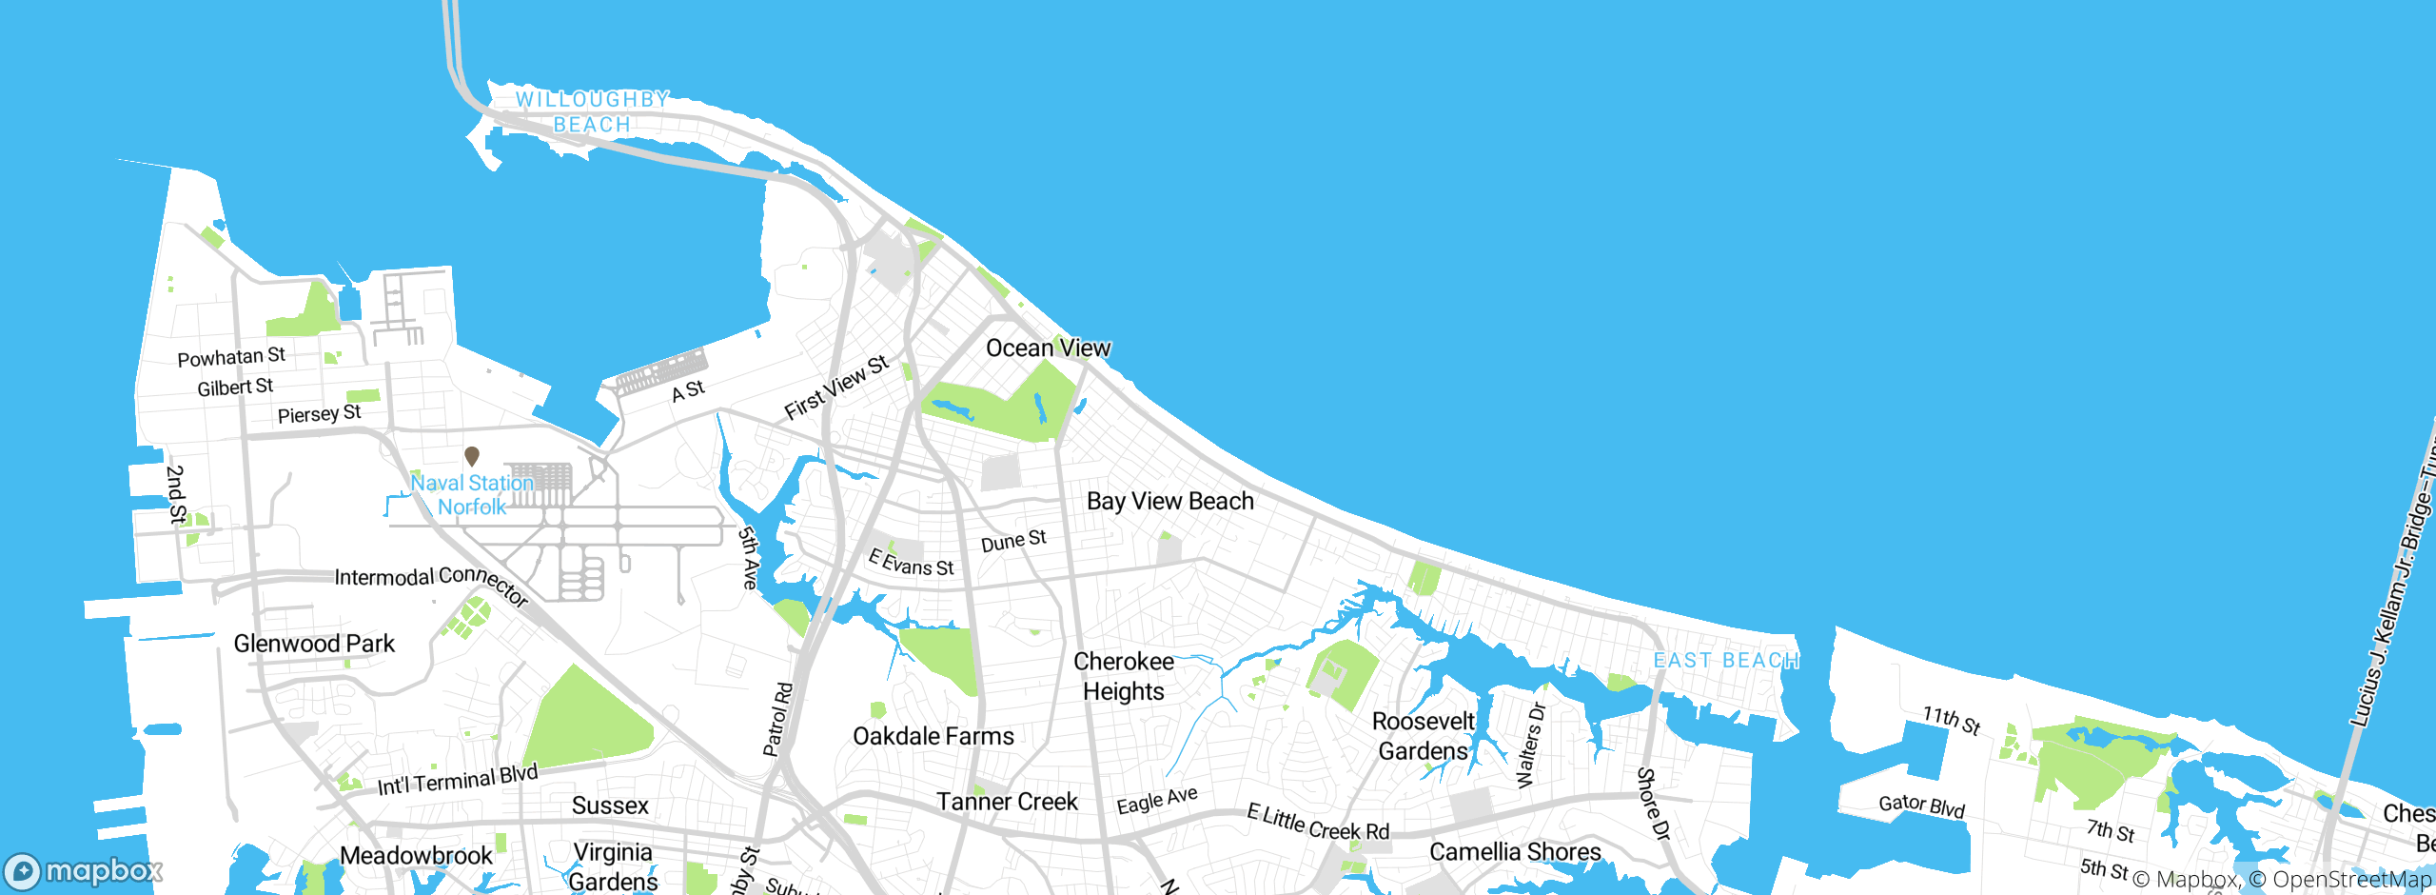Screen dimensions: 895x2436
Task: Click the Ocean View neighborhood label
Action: click(x=1048, y=348)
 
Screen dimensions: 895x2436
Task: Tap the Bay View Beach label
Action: click(x=1169, y=502)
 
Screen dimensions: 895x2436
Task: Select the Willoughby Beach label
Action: click(x=592, y=112)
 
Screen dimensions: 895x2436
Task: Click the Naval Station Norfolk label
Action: click(x=472, y=495)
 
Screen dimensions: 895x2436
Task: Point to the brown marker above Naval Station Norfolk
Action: click(x=471, y=456)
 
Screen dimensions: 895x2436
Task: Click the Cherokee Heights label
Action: click(x=1124, y=676)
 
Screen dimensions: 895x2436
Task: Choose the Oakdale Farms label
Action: click(x=933, y=736)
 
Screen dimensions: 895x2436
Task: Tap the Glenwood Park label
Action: click(x=314, y=644)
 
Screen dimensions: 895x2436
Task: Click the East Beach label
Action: click(x=1725, y=661)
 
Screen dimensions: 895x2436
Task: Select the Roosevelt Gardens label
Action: click(x=1424, y=736)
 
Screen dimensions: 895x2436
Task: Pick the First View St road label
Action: click(x=835, y=388)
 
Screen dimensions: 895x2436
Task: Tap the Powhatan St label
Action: click(x=231, y=357)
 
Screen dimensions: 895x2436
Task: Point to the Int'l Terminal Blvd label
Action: click(x=458, y=781)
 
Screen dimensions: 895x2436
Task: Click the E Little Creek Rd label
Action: click(x=1318, y=824)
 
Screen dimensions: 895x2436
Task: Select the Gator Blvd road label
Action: click(x=1921, y=805)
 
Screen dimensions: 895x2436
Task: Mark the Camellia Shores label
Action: click(x=1515, y=851)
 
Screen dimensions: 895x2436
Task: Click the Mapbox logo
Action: click(x=84, y=871)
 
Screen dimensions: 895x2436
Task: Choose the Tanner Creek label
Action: click(x=1007, y=802)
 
